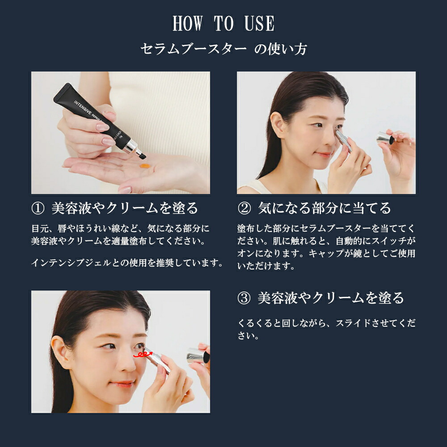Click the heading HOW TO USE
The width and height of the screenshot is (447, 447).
pos(223,24)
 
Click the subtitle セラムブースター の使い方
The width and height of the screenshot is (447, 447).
pos(223,49)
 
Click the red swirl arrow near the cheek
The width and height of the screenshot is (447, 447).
pos(144,354)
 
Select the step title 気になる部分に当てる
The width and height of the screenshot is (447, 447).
pos(325,208)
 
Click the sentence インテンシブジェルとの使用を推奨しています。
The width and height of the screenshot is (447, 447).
pos(127,263)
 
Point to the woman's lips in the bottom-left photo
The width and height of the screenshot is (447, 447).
pos(122,384)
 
